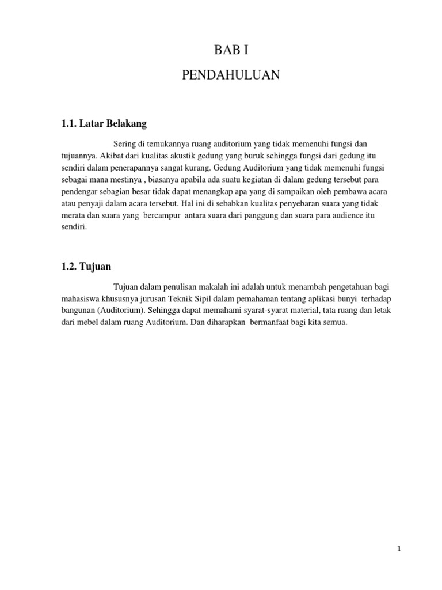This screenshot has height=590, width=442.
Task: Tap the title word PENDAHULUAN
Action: (x=231, y=75)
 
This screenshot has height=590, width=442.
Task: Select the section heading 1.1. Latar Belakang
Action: (x=104, y=123)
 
